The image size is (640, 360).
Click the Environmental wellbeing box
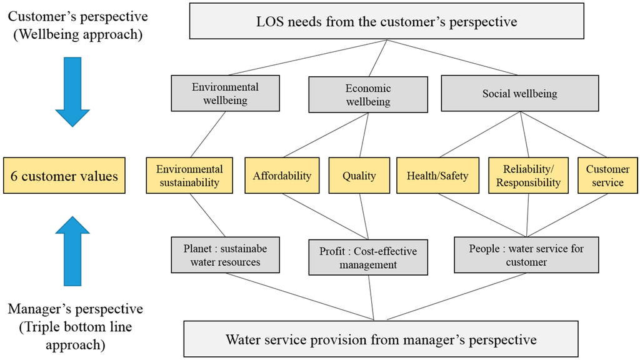click(225, 94)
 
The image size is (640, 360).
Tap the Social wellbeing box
click(519, 94)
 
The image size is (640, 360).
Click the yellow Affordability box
click(282, 176)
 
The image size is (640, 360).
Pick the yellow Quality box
click(359, 176)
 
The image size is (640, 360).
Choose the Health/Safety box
click(437, 176)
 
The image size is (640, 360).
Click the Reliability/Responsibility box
click(528, 176)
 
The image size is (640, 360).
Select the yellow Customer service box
click(607, 176)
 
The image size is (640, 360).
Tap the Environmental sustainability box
click(189, 176)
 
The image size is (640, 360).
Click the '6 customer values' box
click(64, 176)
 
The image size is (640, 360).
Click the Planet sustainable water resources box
click(225, 255)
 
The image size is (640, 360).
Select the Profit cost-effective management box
click(368, 257)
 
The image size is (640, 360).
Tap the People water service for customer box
click(526, 255)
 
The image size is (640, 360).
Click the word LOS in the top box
click(271, 22)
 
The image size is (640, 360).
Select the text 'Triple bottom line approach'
click(75, 334)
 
